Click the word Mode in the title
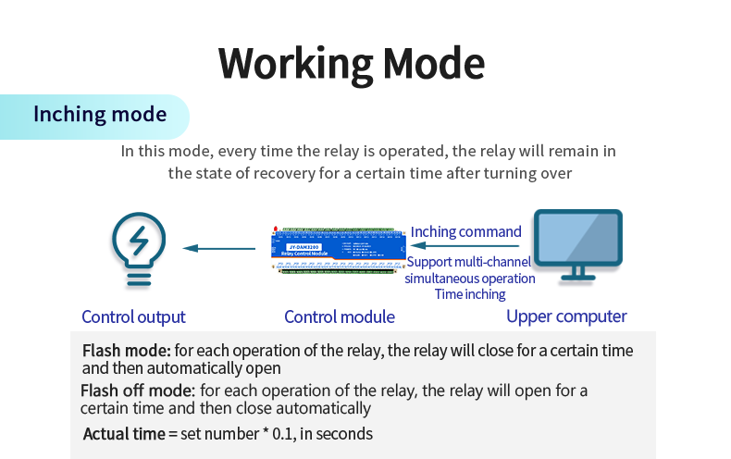click(x=434, y=63)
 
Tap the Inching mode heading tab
click(x=100, y=115)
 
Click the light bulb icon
click(x=138, y=248)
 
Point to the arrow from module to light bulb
click(x=218, y=248)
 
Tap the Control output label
click(x=133, y=316)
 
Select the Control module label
click(x=340, y=316)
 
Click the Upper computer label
click(x=566, y=316)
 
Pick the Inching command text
click(x=466, y=231)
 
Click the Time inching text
click(x=470, y=294)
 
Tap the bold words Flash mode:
click(x=127, y=351)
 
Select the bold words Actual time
click(x=123, y=433)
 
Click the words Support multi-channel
click(x=469, y=262)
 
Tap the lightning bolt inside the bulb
click(x=139, y=242)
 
